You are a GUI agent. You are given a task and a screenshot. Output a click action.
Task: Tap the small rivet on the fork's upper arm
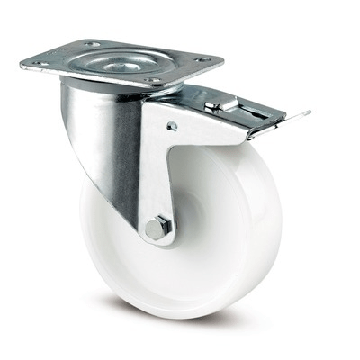170,127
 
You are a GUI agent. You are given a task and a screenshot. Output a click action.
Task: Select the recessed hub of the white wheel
193,225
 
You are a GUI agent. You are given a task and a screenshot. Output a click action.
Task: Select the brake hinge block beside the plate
220,106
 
